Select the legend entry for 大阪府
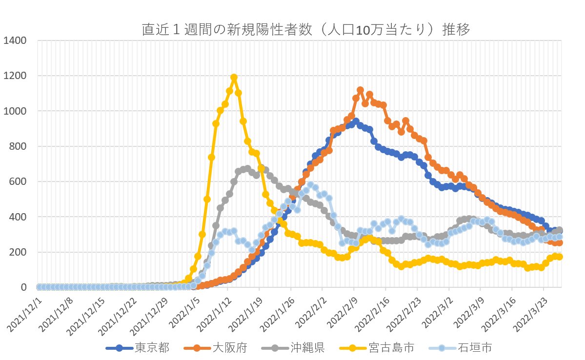(x=230, y=348)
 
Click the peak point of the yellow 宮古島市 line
(x=234, y=77)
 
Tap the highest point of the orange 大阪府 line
(x=360, y=90)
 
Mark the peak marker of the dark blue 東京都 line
(x=356, y=121)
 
